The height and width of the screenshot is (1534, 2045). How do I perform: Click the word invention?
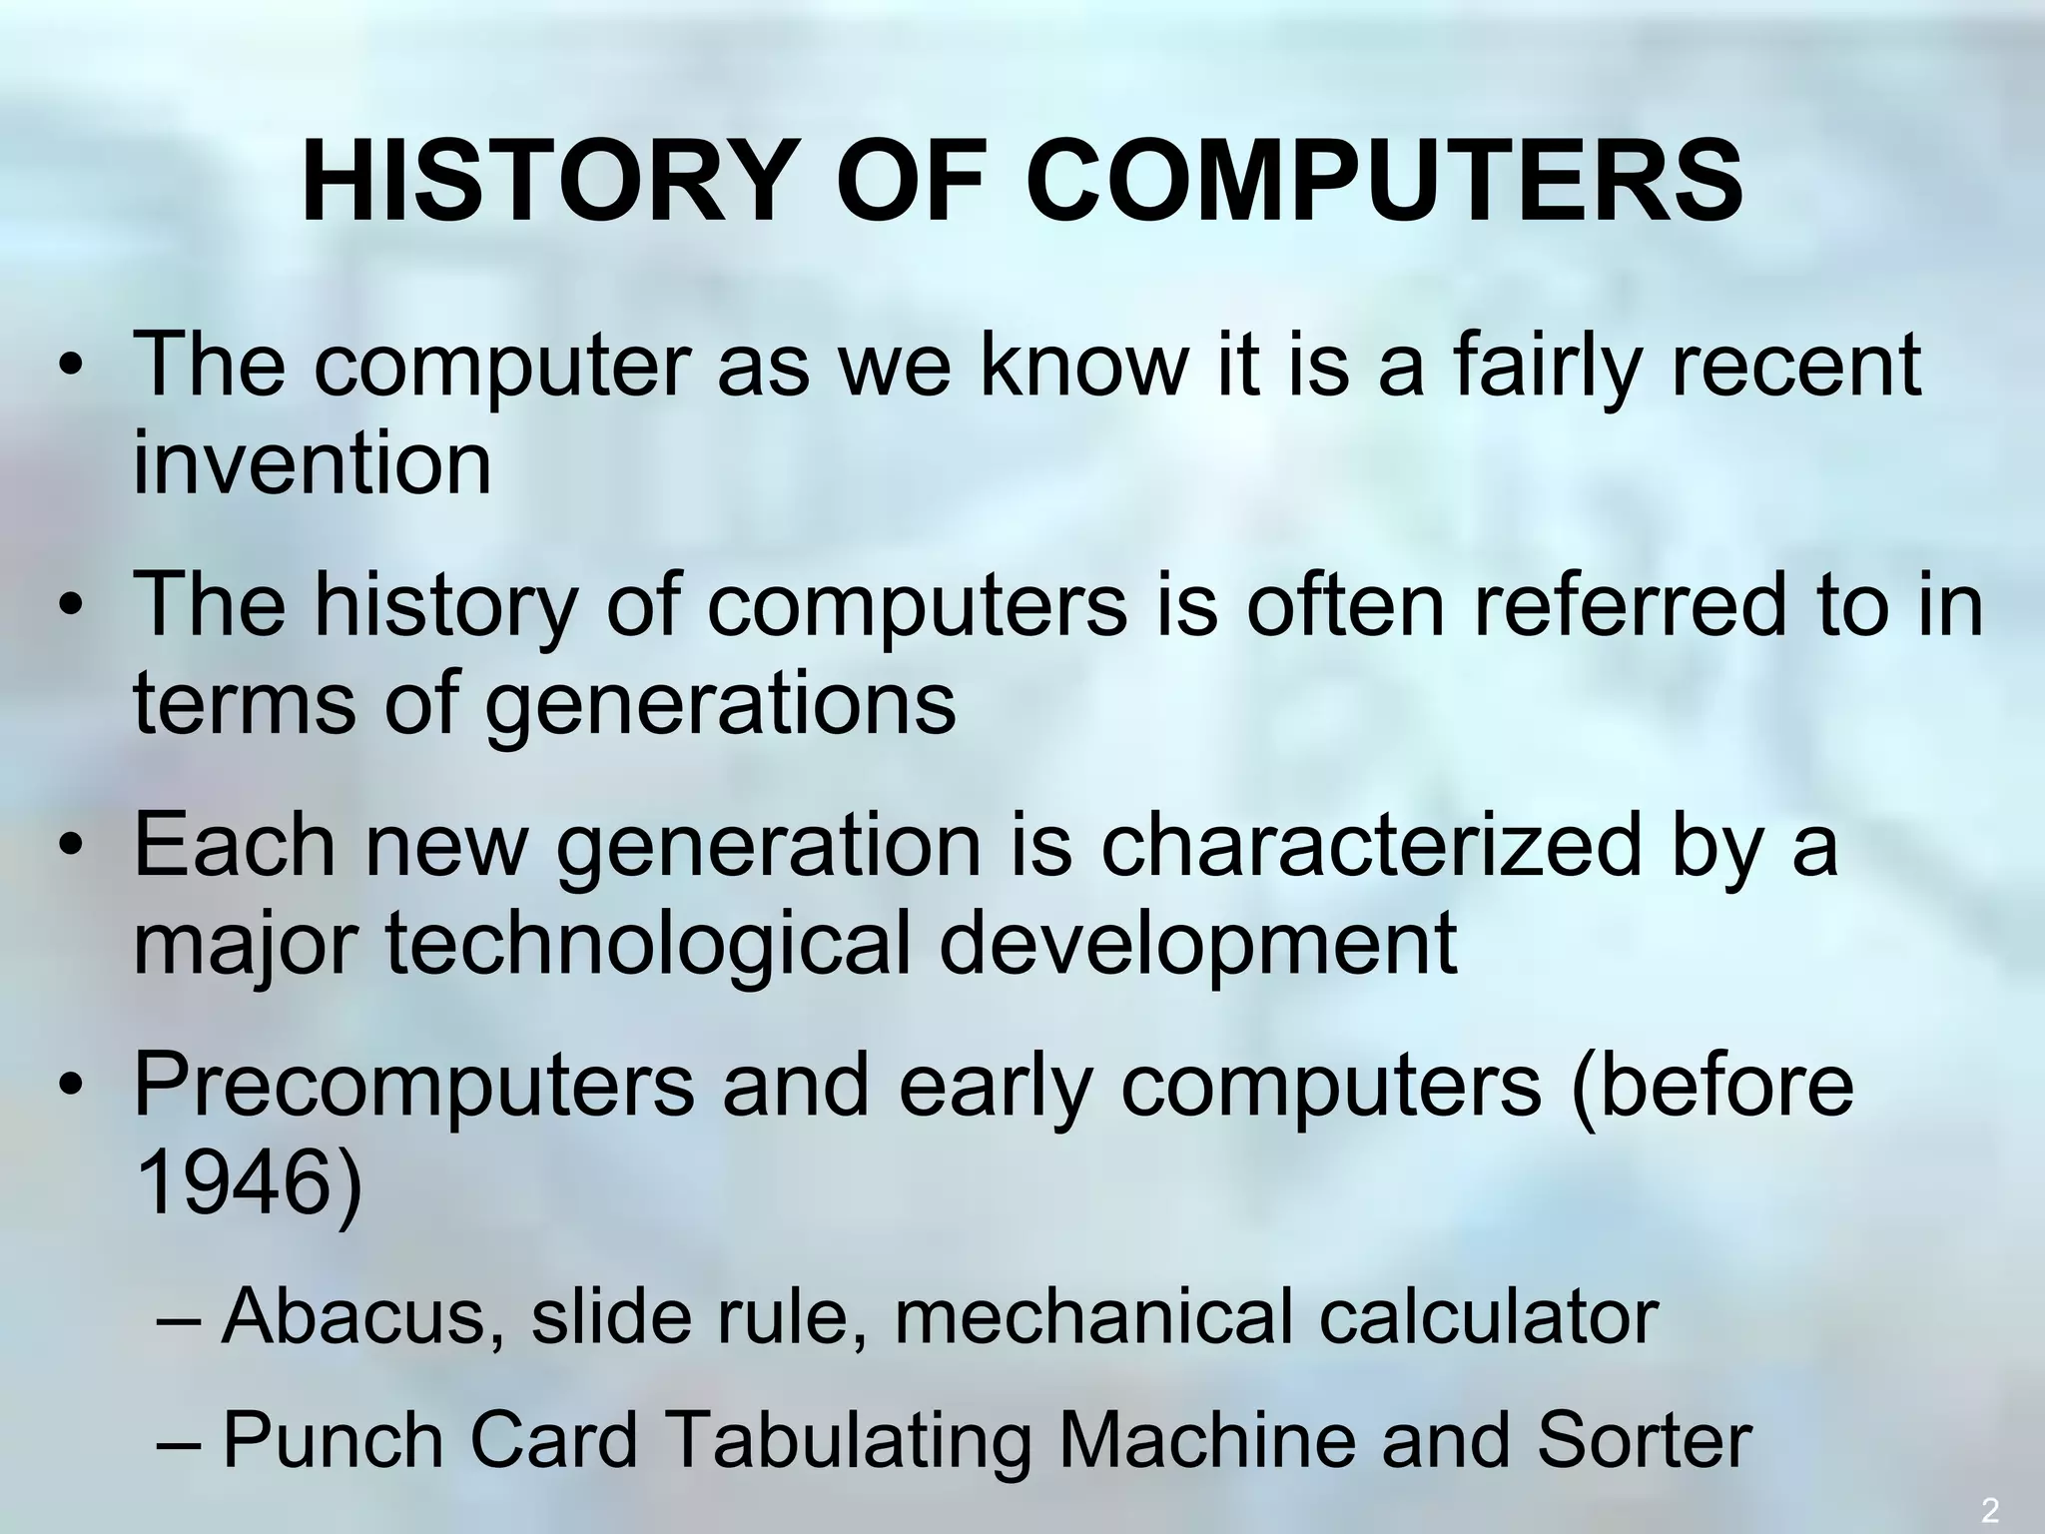pos(313,462)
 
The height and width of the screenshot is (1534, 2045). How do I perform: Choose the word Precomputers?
pos(413,1086)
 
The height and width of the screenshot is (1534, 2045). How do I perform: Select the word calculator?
pos(1488,1316)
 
